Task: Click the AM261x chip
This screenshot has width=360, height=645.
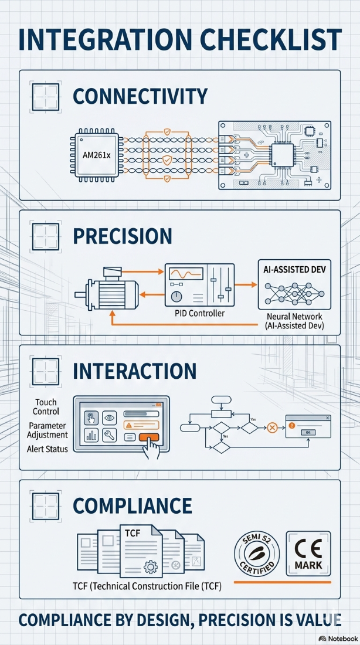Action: point(94,158)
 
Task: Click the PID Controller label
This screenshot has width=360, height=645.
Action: point(199,314)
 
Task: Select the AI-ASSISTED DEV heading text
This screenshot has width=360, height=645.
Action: point(294,271)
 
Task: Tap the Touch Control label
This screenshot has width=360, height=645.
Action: point(46,407)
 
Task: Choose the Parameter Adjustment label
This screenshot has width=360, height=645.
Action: point(48,430)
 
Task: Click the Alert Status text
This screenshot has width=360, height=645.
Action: point(47,449)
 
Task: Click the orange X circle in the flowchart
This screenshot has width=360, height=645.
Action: point(272,427)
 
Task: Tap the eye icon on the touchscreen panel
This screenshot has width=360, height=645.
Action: point(108,418)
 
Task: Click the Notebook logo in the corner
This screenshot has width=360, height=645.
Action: point(338,638)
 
